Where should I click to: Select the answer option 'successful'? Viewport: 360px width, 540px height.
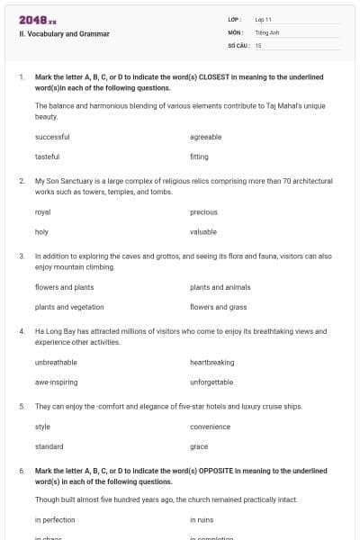point(52,137)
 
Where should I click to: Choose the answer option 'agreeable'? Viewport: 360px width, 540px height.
point(206,137)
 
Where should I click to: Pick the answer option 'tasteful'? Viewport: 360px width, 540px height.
point(47,157)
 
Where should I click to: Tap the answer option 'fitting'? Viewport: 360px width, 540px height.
point(199,157)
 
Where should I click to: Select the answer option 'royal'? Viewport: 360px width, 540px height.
point(43,212)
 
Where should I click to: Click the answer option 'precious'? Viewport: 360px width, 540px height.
point(203,212)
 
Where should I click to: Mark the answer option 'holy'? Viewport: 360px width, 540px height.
point(41,231)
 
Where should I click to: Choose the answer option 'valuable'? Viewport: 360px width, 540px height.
point(203,231)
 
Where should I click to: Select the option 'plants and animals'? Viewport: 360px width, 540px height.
point(220,287)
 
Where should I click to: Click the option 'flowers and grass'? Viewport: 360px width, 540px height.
point(218,307)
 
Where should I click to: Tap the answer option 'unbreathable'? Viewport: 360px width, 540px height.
point(56,362)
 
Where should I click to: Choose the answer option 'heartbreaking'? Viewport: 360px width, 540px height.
point(211,362)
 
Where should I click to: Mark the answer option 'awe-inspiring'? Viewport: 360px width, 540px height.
point(57,382)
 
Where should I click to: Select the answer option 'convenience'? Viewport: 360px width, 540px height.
point(210,427)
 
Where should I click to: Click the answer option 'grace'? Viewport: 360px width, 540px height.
point(199,446)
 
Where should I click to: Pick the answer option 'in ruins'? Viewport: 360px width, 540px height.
point(202,520)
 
